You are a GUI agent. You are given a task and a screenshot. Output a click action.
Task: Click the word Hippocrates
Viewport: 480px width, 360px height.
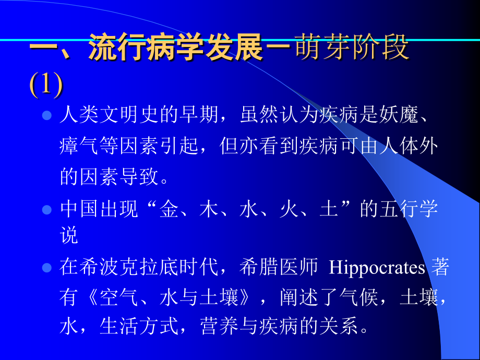tap(377, 268)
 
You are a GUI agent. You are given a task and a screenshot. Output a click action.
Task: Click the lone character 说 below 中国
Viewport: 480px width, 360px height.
tap(69, 236)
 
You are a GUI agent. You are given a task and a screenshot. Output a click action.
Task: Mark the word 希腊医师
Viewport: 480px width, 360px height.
tap(279, 268)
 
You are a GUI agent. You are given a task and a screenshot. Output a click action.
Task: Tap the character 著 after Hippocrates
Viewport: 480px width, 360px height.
tap(439, 268)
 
